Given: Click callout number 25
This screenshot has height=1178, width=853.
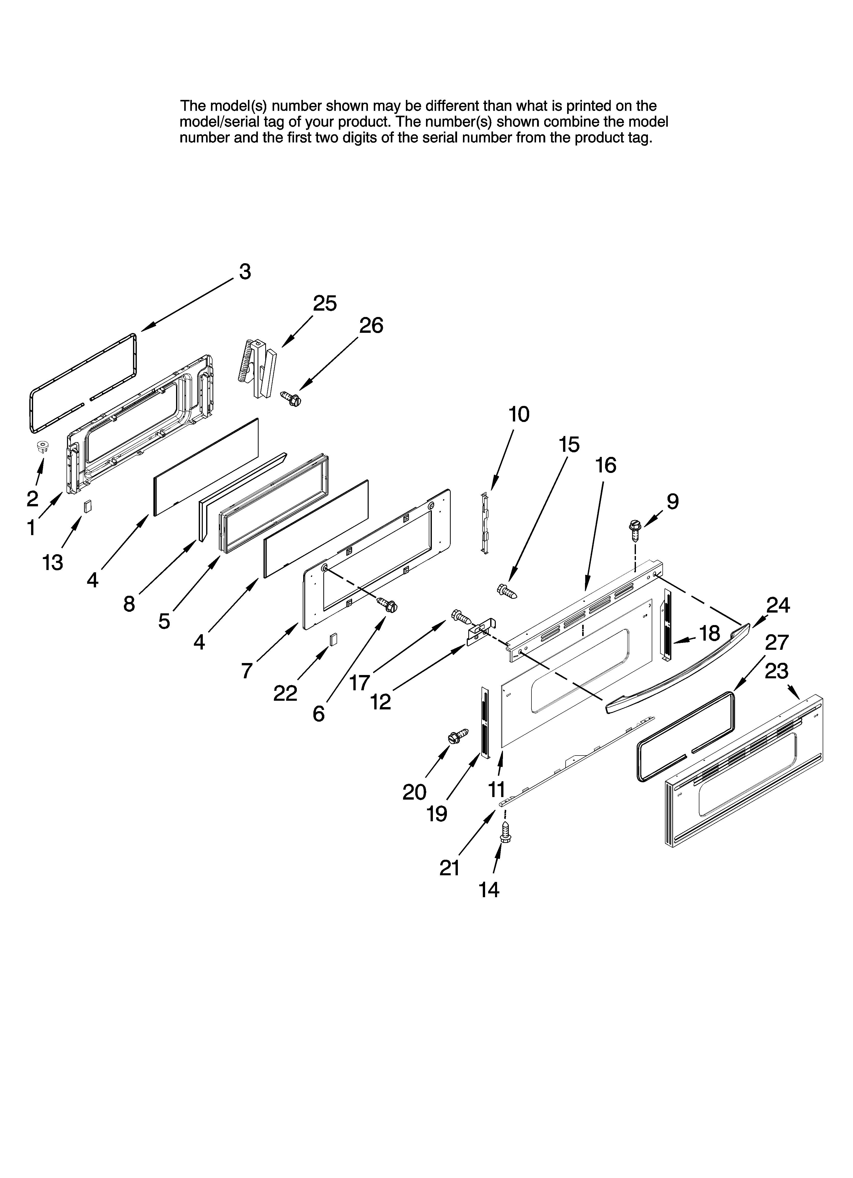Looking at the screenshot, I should (325, 303).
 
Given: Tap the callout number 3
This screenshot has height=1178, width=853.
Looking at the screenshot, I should (245, 272).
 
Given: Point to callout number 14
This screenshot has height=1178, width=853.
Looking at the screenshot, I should (489, 890).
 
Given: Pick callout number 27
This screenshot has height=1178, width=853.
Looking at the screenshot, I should (777, 642).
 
